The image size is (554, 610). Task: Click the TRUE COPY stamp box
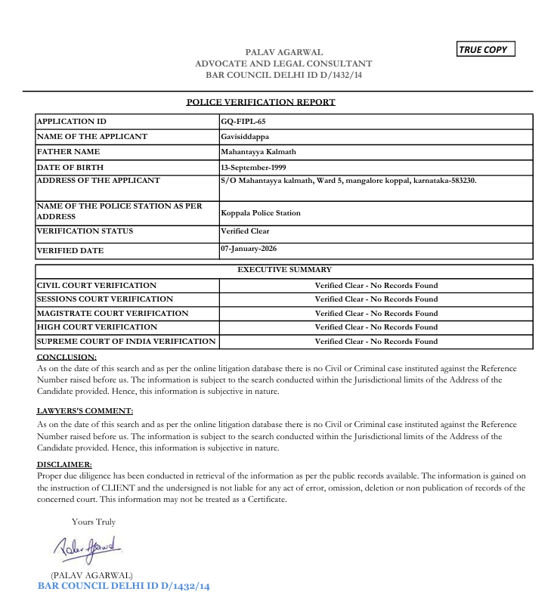tap(486, 50)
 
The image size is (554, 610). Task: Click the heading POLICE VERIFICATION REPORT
tap(261, 102)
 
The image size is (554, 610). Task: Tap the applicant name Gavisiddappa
tap(245, 137)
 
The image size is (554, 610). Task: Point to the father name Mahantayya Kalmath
tap(255, 152)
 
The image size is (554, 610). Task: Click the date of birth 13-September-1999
tap(253, 167)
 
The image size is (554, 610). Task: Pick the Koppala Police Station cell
tap(261, 213)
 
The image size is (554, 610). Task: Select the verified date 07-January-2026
tap(249, 249)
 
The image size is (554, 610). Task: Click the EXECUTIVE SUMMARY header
tap(284, 270)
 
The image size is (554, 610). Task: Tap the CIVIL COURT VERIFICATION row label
tap(97, 286)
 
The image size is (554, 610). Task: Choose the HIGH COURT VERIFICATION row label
tap(97, 327)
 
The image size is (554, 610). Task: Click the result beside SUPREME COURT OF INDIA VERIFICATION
tap(376, 342)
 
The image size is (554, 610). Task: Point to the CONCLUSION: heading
tap(67, 357)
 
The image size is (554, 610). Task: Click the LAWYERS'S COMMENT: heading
tap(85, 411)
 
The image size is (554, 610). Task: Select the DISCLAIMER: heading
tap(64, 464)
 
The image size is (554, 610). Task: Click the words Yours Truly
tap(94, 522)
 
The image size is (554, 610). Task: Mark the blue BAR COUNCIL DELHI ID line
tap(123, 587)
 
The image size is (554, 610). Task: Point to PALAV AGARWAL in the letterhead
tap(283, 52)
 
